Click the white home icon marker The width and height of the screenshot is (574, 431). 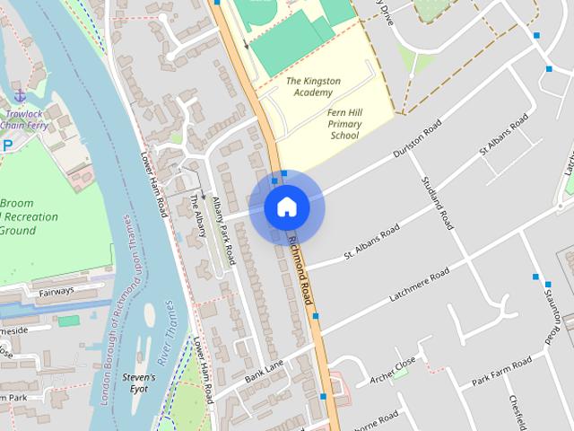(x=286, y=207)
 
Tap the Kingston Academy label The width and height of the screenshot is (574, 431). (x=313, y=87)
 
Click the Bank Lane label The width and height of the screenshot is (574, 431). (x=264, y=369)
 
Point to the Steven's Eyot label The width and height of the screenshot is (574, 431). (x=139, y=383)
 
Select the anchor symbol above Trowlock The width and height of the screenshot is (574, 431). (x=19, y=96)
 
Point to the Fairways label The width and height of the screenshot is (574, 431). (x=56, y=292)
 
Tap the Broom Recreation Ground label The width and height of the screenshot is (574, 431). (x=30, y=216)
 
